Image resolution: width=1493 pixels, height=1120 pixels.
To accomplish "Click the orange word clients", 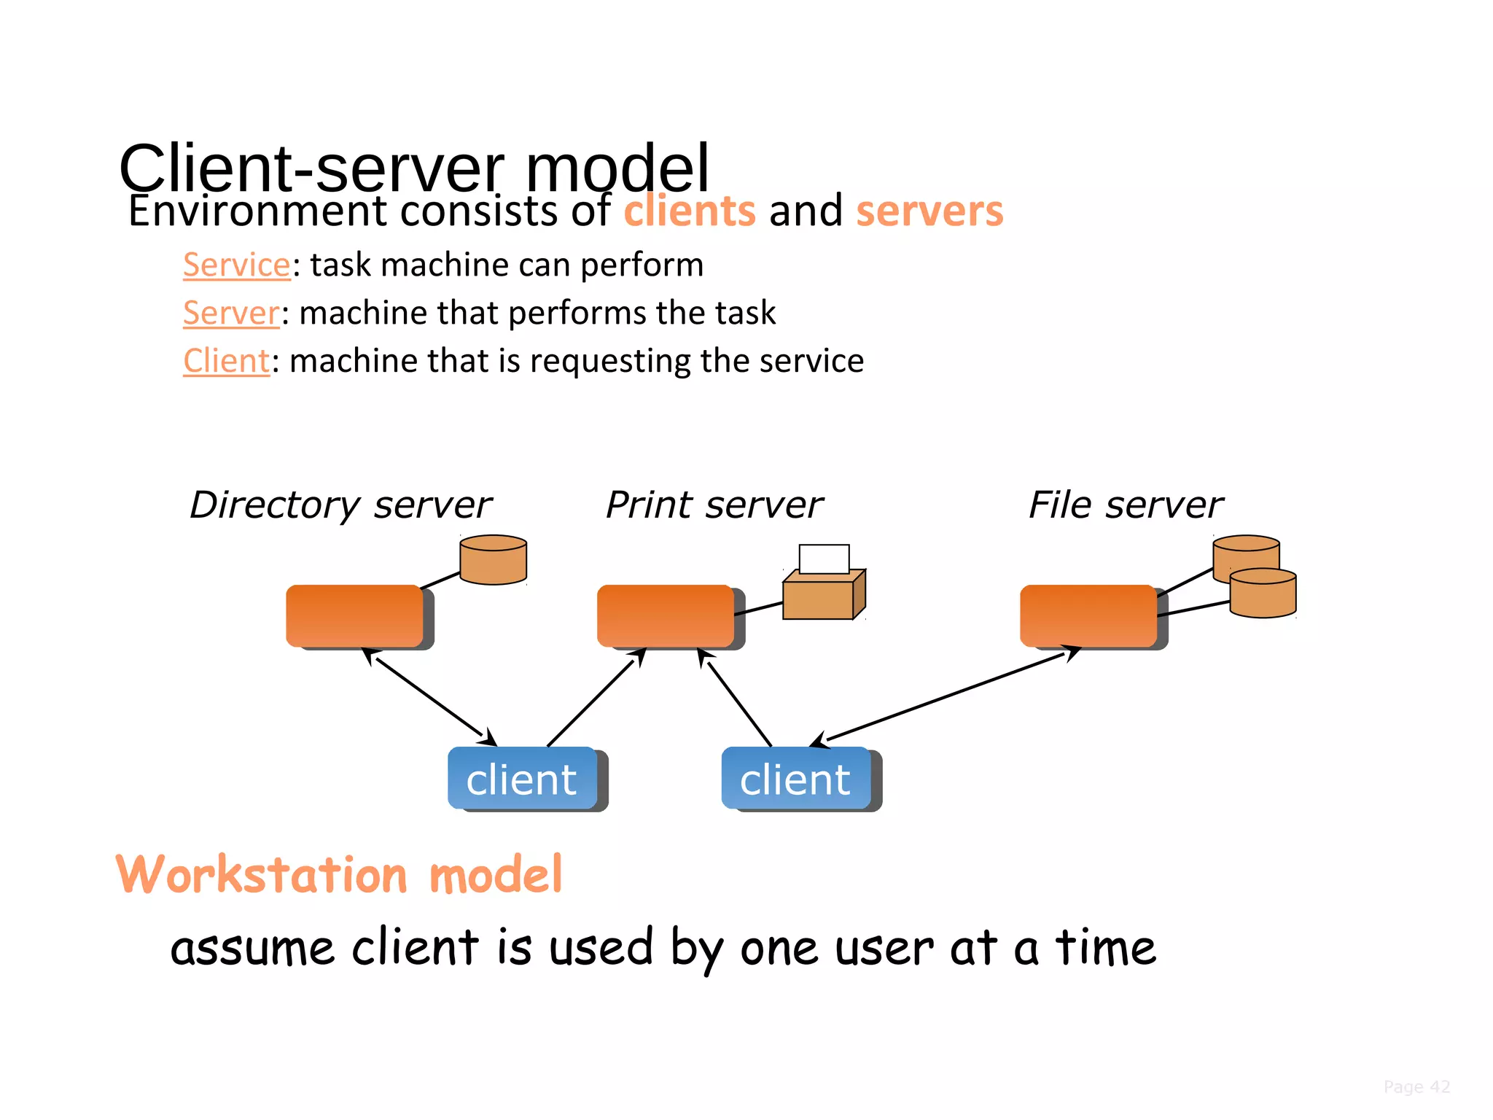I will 689,211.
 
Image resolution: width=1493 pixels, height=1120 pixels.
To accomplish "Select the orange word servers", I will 929,211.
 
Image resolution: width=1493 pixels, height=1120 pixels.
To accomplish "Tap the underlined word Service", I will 236,265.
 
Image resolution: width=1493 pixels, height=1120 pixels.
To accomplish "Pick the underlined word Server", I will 230,314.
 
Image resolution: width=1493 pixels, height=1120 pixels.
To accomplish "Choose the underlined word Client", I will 226,362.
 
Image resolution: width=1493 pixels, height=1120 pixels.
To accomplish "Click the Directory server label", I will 340,505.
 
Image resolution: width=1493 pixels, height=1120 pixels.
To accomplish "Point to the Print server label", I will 714,505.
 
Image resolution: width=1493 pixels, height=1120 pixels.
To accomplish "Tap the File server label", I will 1125,505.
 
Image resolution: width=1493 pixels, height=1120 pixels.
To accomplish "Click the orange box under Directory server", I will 354,615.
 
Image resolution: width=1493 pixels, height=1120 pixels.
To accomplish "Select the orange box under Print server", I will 665,615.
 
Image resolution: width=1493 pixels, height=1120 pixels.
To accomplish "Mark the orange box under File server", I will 1088,615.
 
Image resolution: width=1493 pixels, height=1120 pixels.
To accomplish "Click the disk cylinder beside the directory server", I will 493,561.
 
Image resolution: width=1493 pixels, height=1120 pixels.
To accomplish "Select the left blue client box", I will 522,779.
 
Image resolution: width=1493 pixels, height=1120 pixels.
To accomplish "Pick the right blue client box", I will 795,779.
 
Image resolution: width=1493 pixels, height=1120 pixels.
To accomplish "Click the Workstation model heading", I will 339,874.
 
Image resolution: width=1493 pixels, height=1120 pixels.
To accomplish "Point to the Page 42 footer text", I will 1416,1087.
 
